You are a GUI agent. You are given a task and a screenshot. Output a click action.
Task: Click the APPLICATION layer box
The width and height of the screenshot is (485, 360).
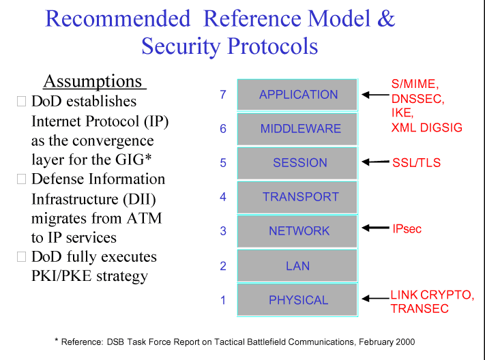[297, 95]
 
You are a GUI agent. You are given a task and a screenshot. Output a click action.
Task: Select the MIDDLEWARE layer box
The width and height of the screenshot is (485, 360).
[297, 129]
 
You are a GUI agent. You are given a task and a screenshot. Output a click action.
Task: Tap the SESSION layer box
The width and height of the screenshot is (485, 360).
[297, 163]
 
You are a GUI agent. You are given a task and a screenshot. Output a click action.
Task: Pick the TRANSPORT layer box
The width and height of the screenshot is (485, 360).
[297, 197]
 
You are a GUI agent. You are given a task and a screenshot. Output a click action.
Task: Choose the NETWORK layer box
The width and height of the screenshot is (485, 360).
[297, 231]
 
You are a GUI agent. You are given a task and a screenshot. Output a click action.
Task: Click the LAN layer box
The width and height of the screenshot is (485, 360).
[297, 265]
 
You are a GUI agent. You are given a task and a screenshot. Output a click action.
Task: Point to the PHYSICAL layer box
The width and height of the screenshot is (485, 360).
[297, 300]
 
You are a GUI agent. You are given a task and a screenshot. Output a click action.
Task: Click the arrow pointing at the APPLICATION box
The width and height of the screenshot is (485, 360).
[374, 95]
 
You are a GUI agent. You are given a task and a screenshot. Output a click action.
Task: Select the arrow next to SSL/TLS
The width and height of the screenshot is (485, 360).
[374, 162]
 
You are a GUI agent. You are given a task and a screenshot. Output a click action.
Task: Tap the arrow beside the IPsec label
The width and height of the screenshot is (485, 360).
[374, 228]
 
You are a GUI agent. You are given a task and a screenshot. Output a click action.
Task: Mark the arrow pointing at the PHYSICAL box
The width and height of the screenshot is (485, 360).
[374, 298]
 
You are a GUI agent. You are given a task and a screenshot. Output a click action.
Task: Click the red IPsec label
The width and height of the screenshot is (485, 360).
[407, 228]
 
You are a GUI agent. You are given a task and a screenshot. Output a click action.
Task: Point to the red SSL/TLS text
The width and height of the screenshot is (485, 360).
[416, 163]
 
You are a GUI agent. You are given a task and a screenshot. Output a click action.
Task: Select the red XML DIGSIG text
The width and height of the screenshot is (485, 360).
[426, 127]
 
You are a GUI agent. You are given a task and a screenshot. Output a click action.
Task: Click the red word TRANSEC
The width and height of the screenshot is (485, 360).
[420, 309]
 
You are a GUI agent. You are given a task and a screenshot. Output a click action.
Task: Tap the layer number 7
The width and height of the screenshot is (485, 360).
[223, 95]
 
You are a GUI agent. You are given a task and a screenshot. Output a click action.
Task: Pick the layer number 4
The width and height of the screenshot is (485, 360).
[223, 197]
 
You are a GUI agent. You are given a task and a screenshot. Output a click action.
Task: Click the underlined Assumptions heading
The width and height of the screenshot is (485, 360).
[93, 82]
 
